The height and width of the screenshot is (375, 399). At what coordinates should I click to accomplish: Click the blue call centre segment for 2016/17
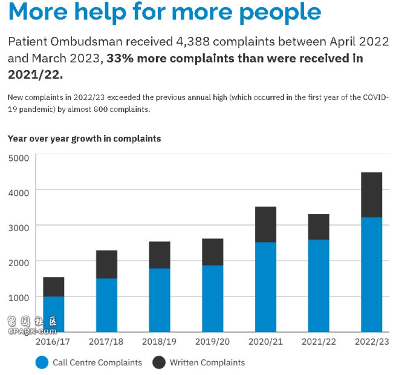tap(54, 314)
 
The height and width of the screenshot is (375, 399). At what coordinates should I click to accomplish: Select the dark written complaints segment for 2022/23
tap(372, 195)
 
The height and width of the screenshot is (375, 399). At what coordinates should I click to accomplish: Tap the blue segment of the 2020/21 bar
tap(265, 287)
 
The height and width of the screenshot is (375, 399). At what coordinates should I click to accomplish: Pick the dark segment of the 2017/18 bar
tap(107, 264)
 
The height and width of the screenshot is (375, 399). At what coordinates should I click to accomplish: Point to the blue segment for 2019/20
tap(212, 298)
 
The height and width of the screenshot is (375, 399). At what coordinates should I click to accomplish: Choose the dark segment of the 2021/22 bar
tap(319, 227)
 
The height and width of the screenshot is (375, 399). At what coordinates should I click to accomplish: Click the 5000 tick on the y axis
tap(18, 158)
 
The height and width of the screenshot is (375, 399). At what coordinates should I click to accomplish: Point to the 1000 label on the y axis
tap(18, 298)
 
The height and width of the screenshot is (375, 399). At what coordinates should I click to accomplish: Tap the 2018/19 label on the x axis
tap(160, 342)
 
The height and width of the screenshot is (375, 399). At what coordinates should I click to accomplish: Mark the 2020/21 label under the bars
tap(266, 342)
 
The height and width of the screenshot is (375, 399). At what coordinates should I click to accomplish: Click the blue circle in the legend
tap(42, 363)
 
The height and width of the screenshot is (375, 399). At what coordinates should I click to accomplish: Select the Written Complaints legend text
tap(207, 363)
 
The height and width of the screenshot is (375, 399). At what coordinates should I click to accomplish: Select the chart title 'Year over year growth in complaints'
tap(84, 139)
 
